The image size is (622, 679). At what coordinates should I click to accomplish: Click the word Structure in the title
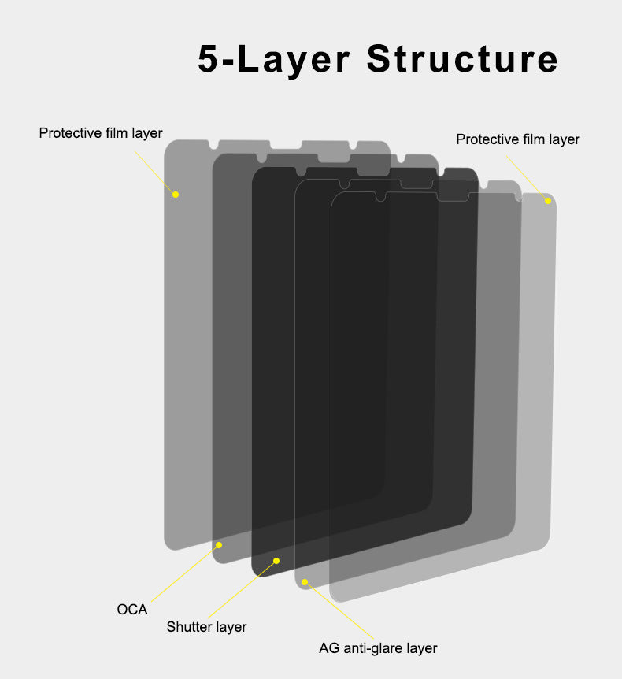point(462,58)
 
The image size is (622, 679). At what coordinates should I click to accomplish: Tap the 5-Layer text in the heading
point(273,59)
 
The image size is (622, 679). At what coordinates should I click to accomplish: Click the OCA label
point(132,609)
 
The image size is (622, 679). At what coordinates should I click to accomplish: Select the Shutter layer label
point(206,626)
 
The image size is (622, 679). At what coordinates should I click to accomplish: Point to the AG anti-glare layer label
point(378,648)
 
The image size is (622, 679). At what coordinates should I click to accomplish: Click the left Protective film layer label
point(101,133)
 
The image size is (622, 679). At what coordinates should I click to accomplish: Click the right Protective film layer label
point(518,139)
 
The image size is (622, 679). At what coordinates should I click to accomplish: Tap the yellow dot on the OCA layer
point(219,545)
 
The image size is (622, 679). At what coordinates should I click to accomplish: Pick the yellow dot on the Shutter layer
point(276,561)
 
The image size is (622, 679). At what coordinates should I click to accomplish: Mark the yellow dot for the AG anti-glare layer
point(305,582)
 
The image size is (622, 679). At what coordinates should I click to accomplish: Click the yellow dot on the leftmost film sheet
point(176,195)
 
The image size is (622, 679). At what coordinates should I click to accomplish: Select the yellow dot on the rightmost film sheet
point(548,201)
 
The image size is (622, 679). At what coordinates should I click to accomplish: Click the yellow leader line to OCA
point(185,573)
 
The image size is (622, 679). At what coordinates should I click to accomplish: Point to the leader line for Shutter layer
point(243,589)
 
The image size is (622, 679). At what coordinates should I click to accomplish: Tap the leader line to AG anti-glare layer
point(339,610)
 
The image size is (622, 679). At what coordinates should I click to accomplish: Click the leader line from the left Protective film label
point(155,173)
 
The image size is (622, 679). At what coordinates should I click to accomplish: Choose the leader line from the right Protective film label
point(528,178)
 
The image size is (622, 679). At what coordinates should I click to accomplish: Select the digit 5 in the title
point(208,58)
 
